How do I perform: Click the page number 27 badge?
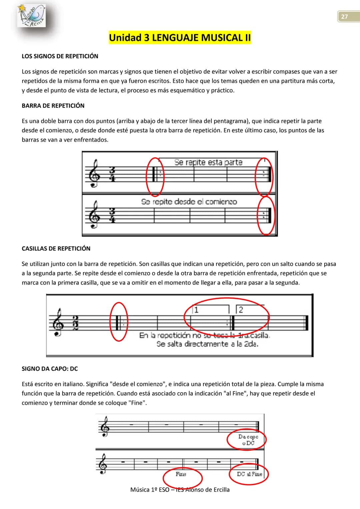pos(348,16)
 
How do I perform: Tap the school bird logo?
pos(32,16)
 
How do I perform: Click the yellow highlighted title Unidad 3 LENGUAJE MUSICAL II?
pos(180,37)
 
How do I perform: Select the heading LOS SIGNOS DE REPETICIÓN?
pos(60,56)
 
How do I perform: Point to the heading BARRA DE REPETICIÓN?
pos(53,106)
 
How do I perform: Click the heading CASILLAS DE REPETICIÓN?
pos(56,249)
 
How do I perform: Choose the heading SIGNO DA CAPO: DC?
pos(50,369)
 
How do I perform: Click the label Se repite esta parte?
pos(208,162)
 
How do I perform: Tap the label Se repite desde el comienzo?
pos(189,202)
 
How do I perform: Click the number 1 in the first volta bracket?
pos(196,310)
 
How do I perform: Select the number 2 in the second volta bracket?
pos(241,310)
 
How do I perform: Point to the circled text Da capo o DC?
pos(248,440)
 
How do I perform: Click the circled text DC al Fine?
pos(249,474)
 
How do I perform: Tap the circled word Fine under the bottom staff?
pos(181,474)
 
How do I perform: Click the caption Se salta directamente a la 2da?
pos(207,344)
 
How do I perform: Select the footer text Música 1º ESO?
pos(150,490)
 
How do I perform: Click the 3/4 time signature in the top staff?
pos(112,174)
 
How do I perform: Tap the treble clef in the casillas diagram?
pos(57,322)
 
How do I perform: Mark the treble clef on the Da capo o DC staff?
pos(105,426)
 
